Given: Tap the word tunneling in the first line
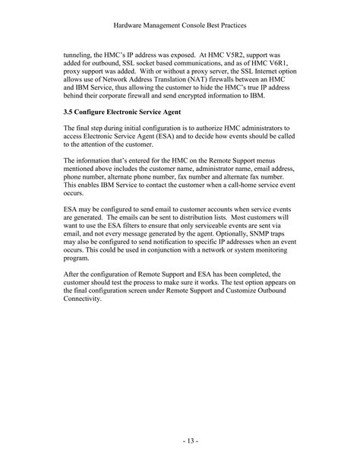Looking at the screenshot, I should point(80,56).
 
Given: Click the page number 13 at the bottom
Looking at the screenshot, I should point(180,440).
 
